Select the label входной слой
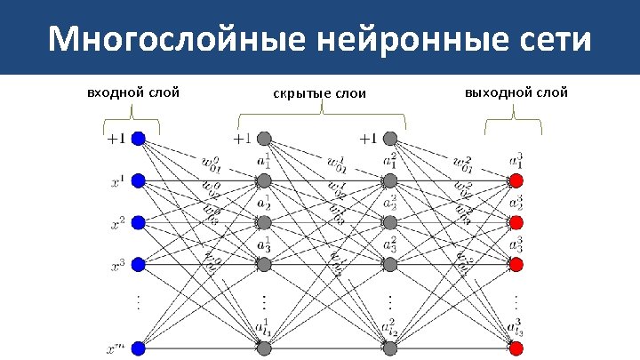tap(133, 92)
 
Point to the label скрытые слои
tap(319, 93)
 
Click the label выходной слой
tap(516, 92)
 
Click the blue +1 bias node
tap(138, 139)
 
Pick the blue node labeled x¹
tap(138, 180)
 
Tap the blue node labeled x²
tap(138, 221)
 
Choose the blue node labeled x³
tap(138, 264)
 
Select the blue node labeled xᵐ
tap(138, 348)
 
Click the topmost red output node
tap(516, 180)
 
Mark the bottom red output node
tap(516, 348)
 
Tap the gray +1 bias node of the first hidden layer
tap(264, 139)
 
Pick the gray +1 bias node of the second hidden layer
tap(389, 139)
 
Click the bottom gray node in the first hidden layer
tap(264, 348)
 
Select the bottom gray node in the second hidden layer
tap(389, 348)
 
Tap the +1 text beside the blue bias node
tap(116, 139)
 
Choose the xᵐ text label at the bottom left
tap(116, 348)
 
